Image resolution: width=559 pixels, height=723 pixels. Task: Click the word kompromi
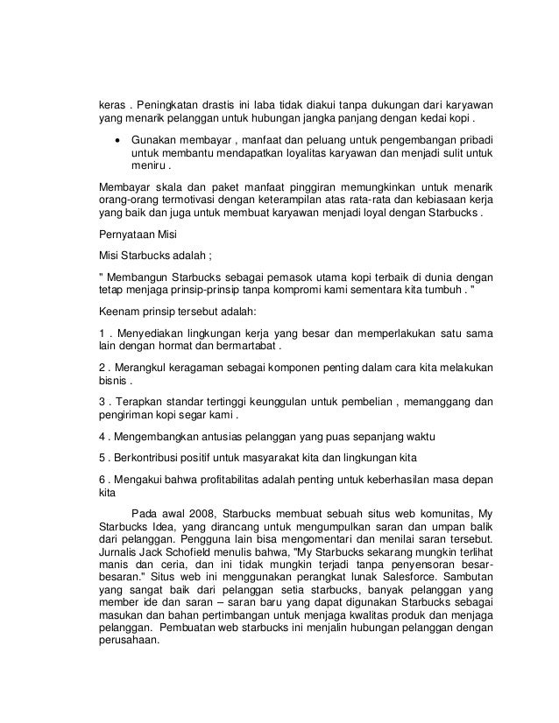point(290,289)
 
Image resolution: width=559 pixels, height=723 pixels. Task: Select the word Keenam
point(121,312)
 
